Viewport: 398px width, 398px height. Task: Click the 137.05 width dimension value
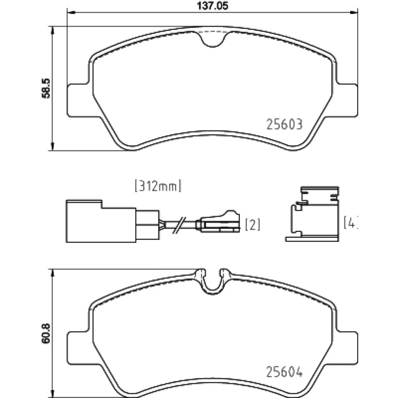[212, 5]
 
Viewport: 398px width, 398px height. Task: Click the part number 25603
[284, 124]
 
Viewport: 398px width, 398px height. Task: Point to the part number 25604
[284, 372]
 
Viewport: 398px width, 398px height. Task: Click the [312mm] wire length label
[158, 186]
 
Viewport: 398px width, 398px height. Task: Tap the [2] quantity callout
[253, 225]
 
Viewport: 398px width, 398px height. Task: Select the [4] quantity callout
[351, 222]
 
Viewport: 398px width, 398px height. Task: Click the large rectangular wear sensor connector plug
[101, 221]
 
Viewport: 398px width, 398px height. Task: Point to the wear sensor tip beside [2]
[219, 221]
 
